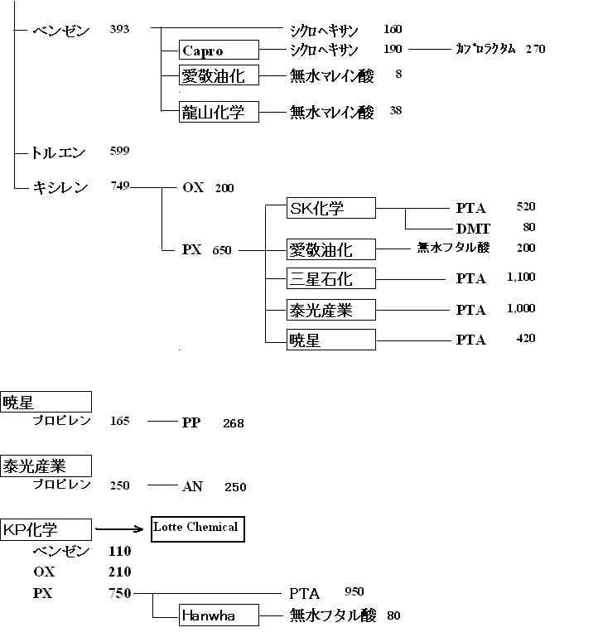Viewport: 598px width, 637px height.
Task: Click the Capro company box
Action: tap(219, 50)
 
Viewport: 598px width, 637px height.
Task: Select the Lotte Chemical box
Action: tap(198, 529)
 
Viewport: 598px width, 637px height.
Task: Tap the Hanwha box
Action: tap(219, 615)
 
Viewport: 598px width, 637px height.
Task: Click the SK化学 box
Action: tap(331, 208)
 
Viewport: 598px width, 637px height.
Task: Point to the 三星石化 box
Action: tap(331, 278)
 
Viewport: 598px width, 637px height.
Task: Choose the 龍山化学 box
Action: tap(219, 112)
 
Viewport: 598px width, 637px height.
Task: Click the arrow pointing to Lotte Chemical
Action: tap(119, 529)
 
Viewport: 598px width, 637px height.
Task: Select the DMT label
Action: tap(473, 229)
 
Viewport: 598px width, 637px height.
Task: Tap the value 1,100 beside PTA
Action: tap(521, 277)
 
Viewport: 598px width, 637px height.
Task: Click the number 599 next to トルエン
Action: tap(119, 151)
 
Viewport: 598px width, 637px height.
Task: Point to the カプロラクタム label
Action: tap(486, 49)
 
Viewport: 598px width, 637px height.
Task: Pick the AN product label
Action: tap(192, 486)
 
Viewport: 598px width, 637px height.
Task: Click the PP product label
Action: tap(191, 422)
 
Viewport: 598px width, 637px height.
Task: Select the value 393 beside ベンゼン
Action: tap(119, 29)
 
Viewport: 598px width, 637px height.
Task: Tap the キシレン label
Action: tap(60, 187)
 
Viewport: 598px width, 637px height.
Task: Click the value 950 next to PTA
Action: tap(354, 591)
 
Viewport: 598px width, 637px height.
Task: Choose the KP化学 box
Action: tap(46, 529)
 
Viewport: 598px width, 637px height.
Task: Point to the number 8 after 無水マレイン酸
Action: tap(398, 74)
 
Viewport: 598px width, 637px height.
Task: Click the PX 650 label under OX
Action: tap(207, 249)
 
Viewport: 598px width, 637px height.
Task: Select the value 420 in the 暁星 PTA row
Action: tap(526, 339)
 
